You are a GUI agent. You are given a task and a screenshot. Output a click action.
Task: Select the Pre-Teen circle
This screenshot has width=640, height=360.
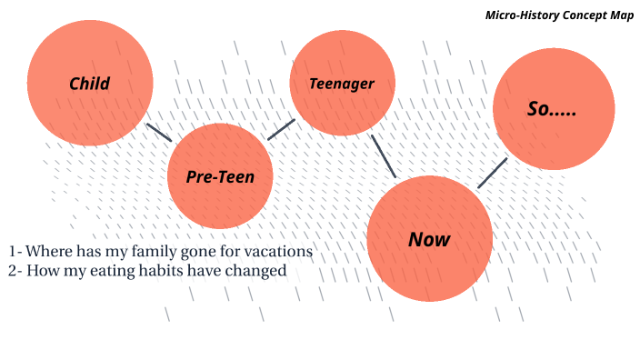[x=220, y=176]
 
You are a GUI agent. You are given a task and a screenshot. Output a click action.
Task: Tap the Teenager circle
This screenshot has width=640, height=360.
[x=342, y=83]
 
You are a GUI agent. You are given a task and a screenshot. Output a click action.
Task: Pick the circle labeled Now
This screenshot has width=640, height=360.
[x=429, y=239]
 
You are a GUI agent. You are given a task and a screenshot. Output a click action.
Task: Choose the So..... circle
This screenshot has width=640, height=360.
[x=553, y=108]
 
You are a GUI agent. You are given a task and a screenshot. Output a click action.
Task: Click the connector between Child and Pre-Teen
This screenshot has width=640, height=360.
[x=159, y=132]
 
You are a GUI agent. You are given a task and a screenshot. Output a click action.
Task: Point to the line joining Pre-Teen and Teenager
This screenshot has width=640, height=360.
[x=282, y=129]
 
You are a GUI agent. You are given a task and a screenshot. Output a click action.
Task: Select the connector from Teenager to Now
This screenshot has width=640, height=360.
[x=384, y=156]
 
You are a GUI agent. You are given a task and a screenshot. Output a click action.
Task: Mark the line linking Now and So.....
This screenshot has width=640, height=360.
[x=493, y=173]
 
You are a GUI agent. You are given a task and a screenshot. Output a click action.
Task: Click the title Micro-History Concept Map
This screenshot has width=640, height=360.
[x=559, y=15]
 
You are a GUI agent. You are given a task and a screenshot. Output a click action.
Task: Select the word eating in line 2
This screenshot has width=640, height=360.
[x=107, y=270]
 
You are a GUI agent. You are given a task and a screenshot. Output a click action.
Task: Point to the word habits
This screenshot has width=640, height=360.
[x=160, y=270]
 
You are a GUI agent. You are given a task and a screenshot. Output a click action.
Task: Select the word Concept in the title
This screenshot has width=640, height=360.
[x=581, y=15]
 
